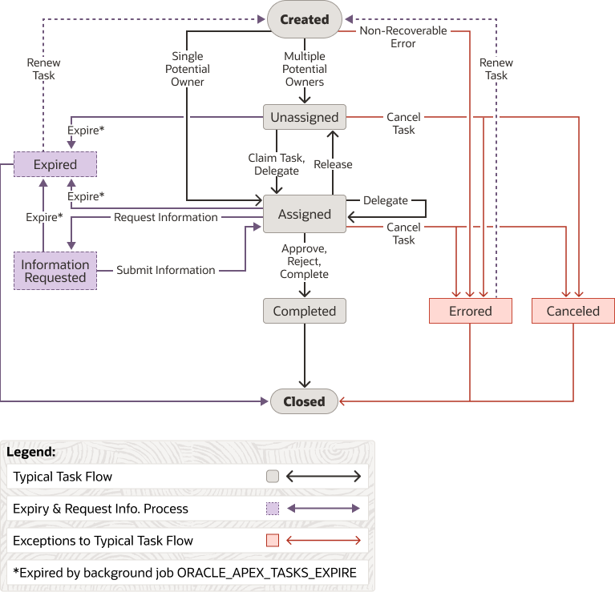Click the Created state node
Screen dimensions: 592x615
304,19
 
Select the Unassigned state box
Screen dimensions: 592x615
305,117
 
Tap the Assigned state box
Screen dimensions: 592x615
305,214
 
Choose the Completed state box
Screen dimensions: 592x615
305,311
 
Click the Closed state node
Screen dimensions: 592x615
305,401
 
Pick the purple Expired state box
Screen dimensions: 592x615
55,165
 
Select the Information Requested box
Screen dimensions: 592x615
55,271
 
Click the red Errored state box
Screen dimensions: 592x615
471,311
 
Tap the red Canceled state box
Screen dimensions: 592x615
573,311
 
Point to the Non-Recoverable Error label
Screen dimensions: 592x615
403,37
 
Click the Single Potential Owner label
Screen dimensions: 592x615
188,69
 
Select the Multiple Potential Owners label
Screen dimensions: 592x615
305,69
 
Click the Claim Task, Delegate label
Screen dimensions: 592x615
277,164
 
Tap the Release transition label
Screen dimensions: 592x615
333,164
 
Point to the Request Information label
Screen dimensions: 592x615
166,217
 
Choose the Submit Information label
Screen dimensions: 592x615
166,270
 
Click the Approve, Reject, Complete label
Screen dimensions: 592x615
305,261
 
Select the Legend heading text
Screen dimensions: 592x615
30,452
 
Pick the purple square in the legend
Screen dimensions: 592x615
273,509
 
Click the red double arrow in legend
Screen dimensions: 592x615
324,541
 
